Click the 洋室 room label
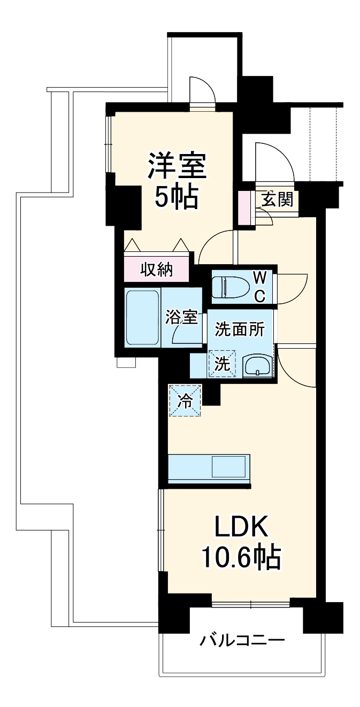[x=177, y=167]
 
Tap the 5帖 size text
[x=177, y=198]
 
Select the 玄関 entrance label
[x=277, y=199]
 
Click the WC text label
[x=259, y=286]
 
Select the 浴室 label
[x=182, y=317]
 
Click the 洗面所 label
[x=240, y=330]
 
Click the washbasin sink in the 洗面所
[x=257, y=367]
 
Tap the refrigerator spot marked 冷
[x=185, y=401]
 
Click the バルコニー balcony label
[x=242, y=639]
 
